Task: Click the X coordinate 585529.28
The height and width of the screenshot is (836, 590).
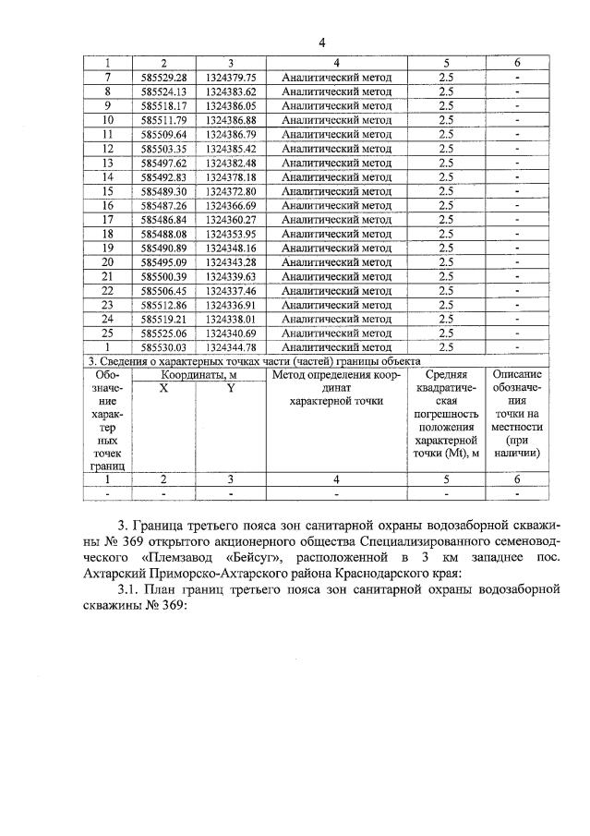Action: click(163, 78)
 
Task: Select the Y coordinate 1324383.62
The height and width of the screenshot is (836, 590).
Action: click(230, 91)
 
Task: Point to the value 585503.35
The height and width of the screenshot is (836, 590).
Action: click(163, 149)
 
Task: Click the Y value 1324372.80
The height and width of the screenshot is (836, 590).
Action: click(230, 191)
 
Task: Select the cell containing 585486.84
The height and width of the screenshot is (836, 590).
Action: click(163, 220)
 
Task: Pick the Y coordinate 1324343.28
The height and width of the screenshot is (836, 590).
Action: click(230, 262)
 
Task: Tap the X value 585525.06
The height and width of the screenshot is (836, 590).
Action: click(163, 333)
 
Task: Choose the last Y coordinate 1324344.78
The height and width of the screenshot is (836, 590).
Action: click(230, 347)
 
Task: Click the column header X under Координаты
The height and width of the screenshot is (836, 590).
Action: click(163, 389)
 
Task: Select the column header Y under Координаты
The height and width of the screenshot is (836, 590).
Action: click(231, 389)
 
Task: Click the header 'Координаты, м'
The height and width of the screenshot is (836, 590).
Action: click(198, 375)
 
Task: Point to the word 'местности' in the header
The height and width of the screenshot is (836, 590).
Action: click(518, 428)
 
